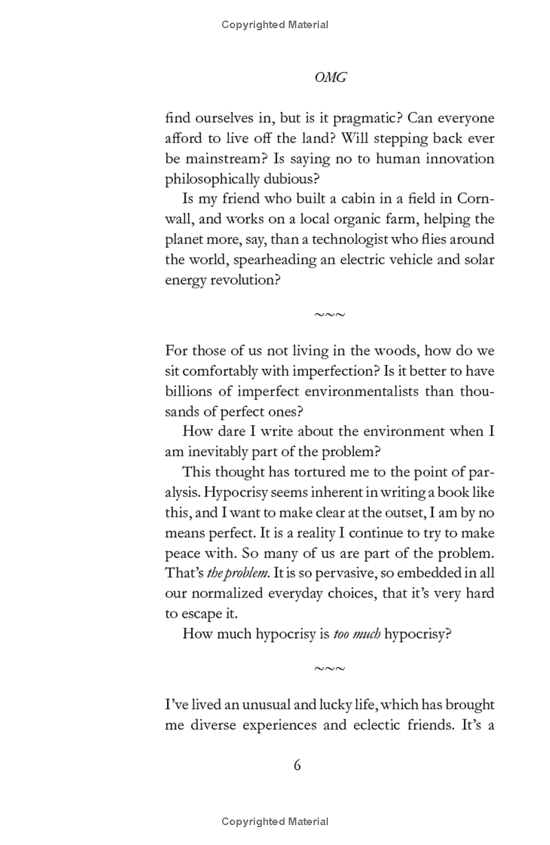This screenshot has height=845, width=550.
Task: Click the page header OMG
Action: (x=330, y=78)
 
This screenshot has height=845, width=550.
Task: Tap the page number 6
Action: (x=297, y=765)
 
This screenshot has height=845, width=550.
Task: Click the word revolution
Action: (x=243, y=280)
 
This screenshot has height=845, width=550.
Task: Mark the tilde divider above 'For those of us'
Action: (x=330, y=315)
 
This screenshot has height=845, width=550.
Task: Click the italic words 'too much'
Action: (x=357, y=633)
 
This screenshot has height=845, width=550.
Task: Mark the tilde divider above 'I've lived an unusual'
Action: (x=330, y=668)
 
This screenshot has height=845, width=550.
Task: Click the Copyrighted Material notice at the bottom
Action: (x=275, y=822)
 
